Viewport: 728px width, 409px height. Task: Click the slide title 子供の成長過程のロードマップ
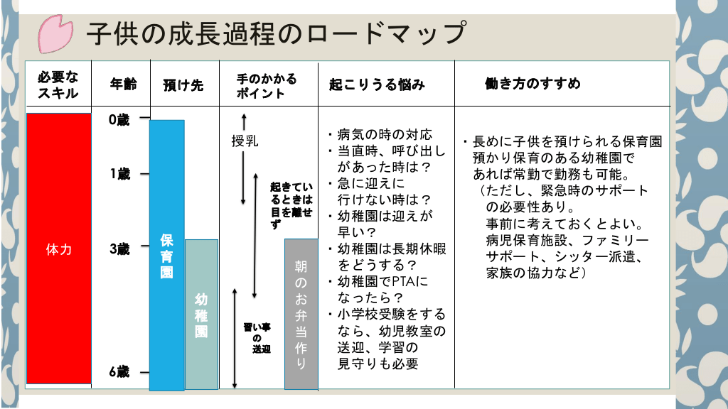tap(276, 33)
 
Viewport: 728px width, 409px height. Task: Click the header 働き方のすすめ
tap(532, 84)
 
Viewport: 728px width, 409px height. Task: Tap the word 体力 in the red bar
tap(58, 250)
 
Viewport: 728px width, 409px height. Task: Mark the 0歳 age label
tap(119, 120)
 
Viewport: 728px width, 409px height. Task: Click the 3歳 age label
tap(119, 249)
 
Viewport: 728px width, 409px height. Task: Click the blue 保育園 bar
tap(167, 256)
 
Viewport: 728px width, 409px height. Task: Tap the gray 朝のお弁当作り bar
tap(301, 315)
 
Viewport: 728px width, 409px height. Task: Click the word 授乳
tap(245, 141)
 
